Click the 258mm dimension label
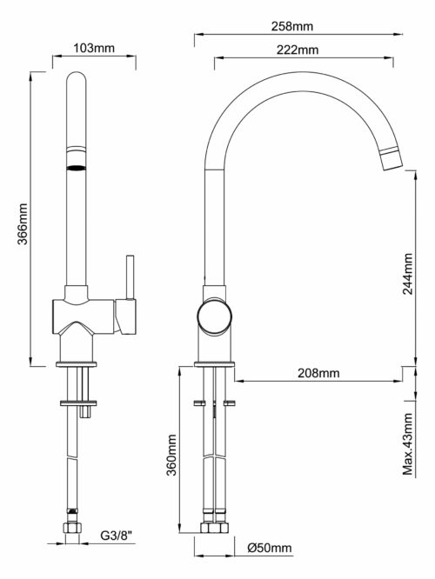292,26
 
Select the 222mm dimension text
298,50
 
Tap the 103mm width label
94,48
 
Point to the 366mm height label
23,223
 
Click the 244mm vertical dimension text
408,274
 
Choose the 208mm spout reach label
318,373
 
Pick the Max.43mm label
408,443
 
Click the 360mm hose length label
171,456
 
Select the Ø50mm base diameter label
270,548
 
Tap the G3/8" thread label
117,536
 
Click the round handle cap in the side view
214,316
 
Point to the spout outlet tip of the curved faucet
392,165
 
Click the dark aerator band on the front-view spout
77,168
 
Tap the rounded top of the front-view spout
77,77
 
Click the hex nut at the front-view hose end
72,528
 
